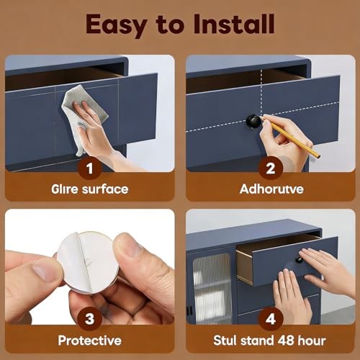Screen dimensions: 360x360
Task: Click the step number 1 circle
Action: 90,168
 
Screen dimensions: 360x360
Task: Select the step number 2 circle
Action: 271,168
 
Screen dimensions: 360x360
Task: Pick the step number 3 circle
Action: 90,319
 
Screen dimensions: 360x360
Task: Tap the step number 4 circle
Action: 271,319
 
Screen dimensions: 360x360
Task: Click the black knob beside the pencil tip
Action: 254,121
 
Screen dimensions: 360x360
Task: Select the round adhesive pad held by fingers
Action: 89,262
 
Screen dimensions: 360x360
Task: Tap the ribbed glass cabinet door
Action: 212,288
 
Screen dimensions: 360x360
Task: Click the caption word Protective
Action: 90,341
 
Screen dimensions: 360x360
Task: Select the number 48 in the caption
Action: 286,341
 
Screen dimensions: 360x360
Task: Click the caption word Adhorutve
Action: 271,189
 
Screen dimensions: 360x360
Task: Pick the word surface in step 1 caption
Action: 105,189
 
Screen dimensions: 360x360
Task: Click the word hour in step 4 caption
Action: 312,341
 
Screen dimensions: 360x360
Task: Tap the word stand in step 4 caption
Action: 258,341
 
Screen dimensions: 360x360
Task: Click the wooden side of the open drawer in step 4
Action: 245,267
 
